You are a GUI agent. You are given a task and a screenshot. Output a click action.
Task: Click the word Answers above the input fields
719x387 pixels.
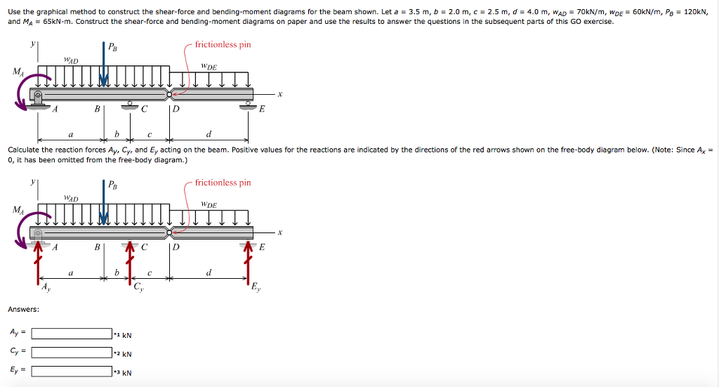23,309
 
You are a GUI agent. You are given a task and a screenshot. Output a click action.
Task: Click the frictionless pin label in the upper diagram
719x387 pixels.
223,45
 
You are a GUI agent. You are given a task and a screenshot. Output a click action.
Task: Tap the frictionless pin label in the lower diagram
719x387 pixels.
223,183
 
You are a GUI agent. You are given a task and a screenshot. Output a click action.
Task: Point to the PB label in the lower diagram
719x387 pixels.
113,185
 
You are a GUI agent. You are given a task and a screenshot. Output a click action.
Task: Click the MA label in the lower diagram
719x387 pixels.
16,209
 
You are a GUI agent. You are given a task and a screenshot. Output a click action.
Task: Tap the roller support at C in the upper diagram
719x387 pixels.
129,106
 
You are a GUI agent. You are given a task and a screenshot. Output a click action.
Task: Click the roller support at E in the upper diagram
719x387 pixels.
247,106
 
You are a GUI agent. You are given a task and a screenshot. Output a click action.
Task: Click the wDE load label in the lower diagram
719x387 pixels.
209,204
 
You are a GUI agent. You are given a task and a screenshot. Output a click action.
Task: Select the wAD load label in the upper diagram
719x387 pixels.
71,61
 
